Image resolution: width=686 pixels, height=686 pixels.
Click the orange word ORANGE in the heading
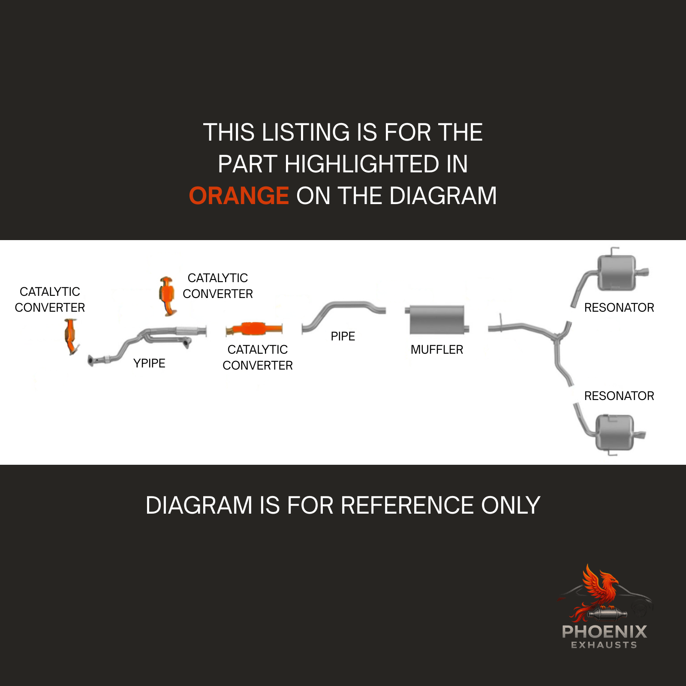239,196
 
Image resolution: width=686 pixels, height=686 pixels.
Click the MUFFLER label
437,350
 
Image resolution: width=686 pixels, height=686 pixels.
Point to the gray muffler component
437,320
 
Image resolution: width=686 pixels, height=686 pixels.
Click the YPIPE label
149,364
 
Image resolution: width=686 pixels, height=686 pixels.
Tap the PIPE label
343,337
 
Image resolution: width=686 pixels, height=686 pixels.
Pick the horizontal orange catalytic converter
254,329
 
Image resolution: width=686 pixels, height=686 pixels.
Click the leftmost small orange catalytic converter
71,337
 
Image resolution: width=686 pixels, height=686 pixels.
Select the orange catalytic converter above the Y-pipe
167,296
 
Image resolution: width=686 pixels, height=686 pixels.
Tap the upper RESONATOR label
619,308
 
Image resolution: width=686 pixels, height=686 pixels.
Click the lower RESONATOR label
619,396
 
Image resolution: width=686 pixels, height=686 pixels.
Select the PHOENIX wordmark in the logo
605,632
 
